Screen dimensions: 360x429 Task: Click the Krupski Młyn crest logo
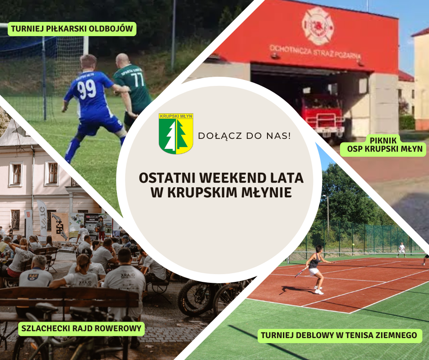tap(176, 133)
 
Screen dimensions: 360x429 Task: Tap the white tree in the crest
tap(171, 137)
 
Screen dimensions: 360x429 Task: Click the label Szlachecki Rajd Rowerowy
tap(81, 328)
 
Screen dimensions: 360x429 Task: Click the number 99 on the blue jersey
tap(87, 90)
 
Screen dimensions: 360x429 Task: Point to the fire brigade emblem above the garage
tap(318, 26)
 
